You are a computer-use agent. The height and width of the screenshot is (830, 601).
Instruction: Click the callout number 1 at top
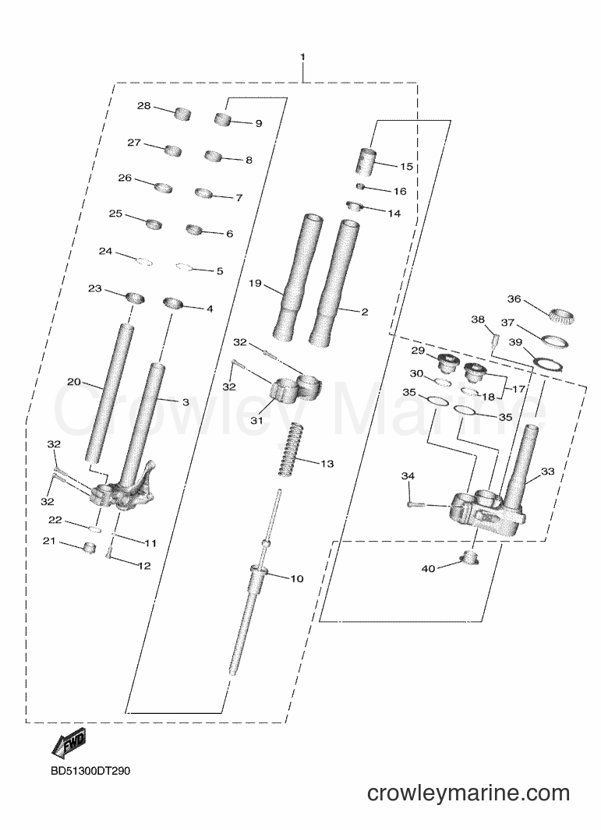pyautogui.click(x=302, y=57)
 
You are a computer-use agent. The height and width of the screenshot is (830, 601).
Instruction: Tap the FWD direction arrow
pyautogui.click(x=69, y=744)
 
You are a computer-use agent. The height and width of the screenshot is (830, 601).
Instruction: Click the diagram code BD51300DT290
pyautogui.click(x=90, y=771)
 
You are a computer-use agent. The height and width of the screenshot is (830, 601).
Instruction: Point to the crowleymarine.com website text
pyautogui.click(x=468, y=793)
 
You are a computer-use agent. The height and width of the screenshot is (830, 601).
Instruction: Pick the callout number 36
pyautogui.click(x=514, y=299)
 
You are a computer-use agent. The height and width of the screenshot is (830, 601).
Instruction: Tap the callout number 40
pyautogui.click(x=428, y=568)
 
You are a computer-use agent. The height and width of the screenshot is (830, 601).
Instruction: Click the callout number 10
pyautogui.click(x=296, y=578)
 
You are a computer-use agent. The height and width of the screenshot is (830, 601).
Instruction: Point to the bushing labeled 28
pyautogui.click(x=182, y=114)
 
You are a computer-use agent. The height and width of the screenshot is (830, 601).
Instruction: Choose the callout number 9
pyautogui.click(x=258, y=123)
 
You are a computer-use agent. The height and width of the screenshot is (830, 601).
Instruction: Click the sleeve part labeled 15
pyautogui.click(x=366, y=161)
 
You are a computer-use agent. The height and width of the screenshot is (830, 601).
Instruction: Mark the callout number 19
pyautogui.click(x=255, y=283)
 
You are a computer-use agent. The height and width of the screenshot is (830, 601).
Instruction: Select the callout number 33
pyautogui.click(x=547, y=471)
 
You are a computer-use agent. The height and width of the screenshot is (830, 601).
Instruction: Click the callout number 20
pyautogui.click(x=74, y=382)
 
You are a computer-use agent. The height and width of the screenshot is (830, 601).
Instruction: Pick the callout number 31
pyautogui.click(x=256, y=420)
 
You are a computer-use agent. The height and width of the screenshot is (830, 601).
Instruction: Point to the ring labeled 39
pyautogui.click(x=547, y=365)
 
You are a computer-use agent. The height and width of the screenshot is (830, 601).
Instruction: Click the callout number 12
pyautogui.click(x=144, y=566)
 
